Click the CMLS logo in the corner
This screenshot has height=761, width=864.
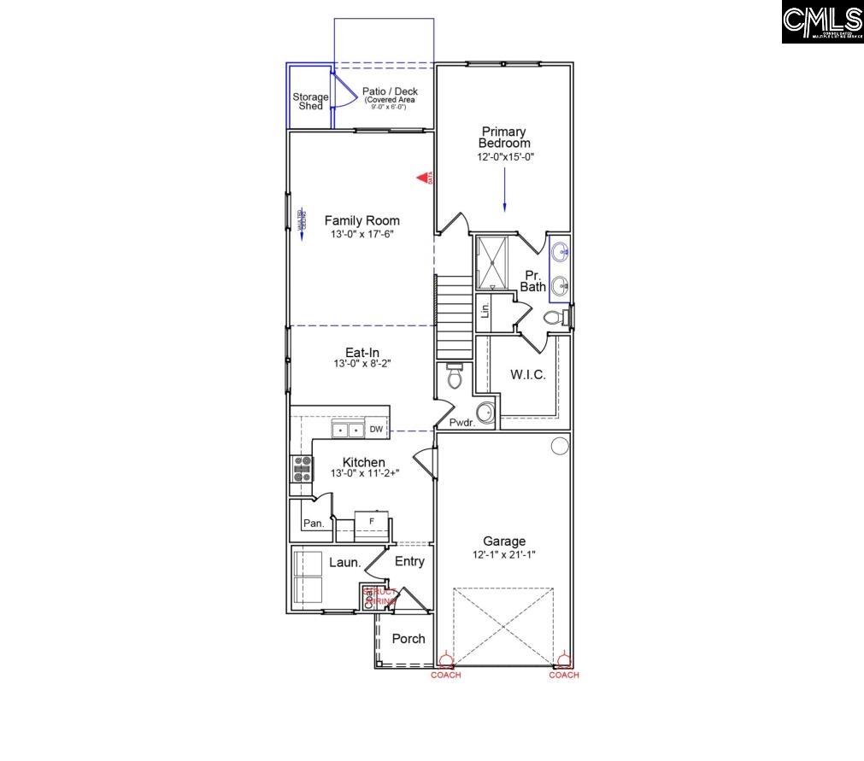pos(822,21)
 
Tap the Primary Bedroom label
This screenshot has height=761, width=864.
pos(504,138)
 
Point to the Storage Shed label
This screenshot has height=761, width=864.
pos(310,102)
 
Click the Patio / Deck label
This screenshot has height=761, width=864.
pos(390,91)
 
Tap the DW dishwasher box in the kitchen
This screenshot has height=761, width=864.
pos(376,430)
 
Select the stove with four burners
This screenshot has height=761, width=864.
pos(303,469)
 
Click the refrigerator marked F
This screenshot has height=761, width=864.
pos(372,520)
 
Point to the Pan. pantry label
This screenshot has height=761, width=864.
pos(314,524)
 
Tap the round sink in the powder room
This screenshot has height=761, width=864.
pos(485,413)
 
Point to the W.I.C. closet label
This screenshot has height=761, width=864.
pos(528,374)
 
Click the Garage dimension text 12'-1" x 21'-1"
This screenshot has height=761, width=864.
pos(504,554)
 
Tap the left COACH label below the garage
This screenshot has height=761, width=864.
pos(445,675)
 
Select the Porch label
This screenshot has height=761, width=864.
pos(408,639)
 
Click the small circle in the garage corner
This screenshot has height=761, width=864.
pos(560,445)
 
